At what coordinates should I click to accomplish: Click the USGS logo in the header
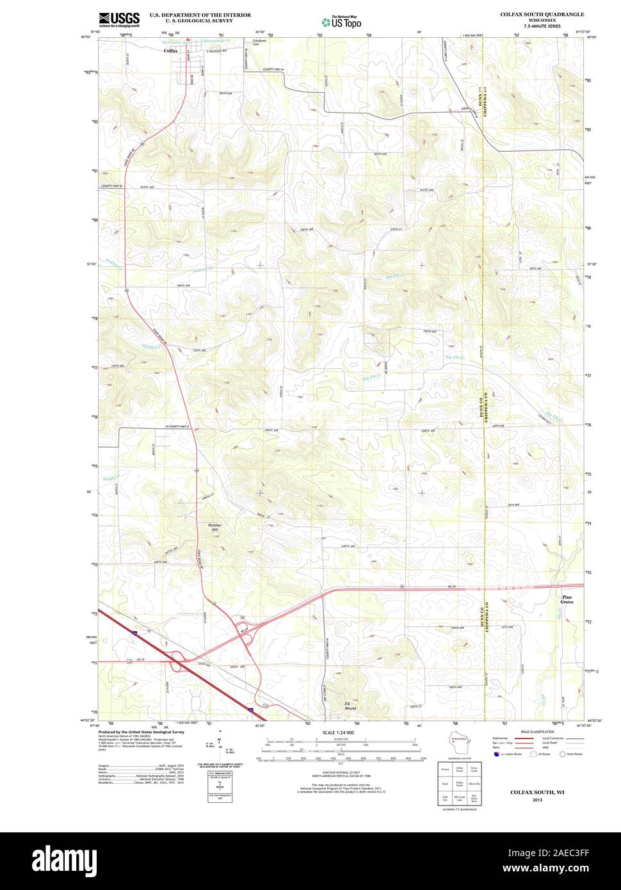[x=119, y=19]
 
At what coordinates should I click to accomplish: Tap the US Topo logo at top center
[x=341, y=22]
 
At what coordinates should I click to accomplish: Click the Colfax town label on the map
[x=170, y=50]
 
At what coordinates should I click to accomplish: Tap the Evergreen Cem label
[x=259, y=42]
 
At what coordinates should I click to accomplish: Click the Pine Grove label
[x=567, y=600]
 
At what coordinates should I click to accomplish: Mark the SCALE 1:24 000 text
[x=338, y=732]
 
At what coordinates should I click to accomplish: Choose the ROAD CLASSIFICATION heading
[x=536, y=731]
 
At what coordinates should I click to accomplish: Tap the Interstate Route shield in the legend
[x=497, y=754]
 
